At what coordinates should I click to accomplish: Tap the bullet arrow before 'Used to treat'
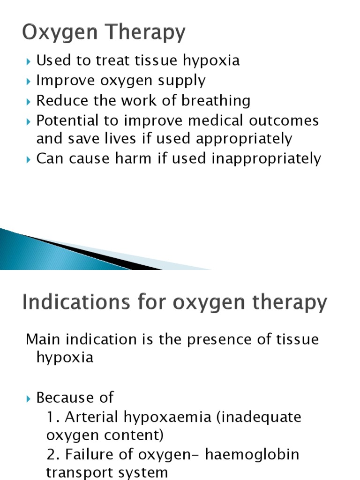tap(30, 61)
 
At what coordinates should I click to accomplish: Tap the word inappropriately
tap(266, 159)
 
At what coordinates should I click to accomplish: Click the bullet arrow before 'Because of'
tap(30, 398)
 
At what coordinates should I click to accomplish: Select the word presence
tap(218, 339)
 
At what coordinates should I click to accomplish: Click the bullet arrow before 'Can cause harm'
tap(30, 159)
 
